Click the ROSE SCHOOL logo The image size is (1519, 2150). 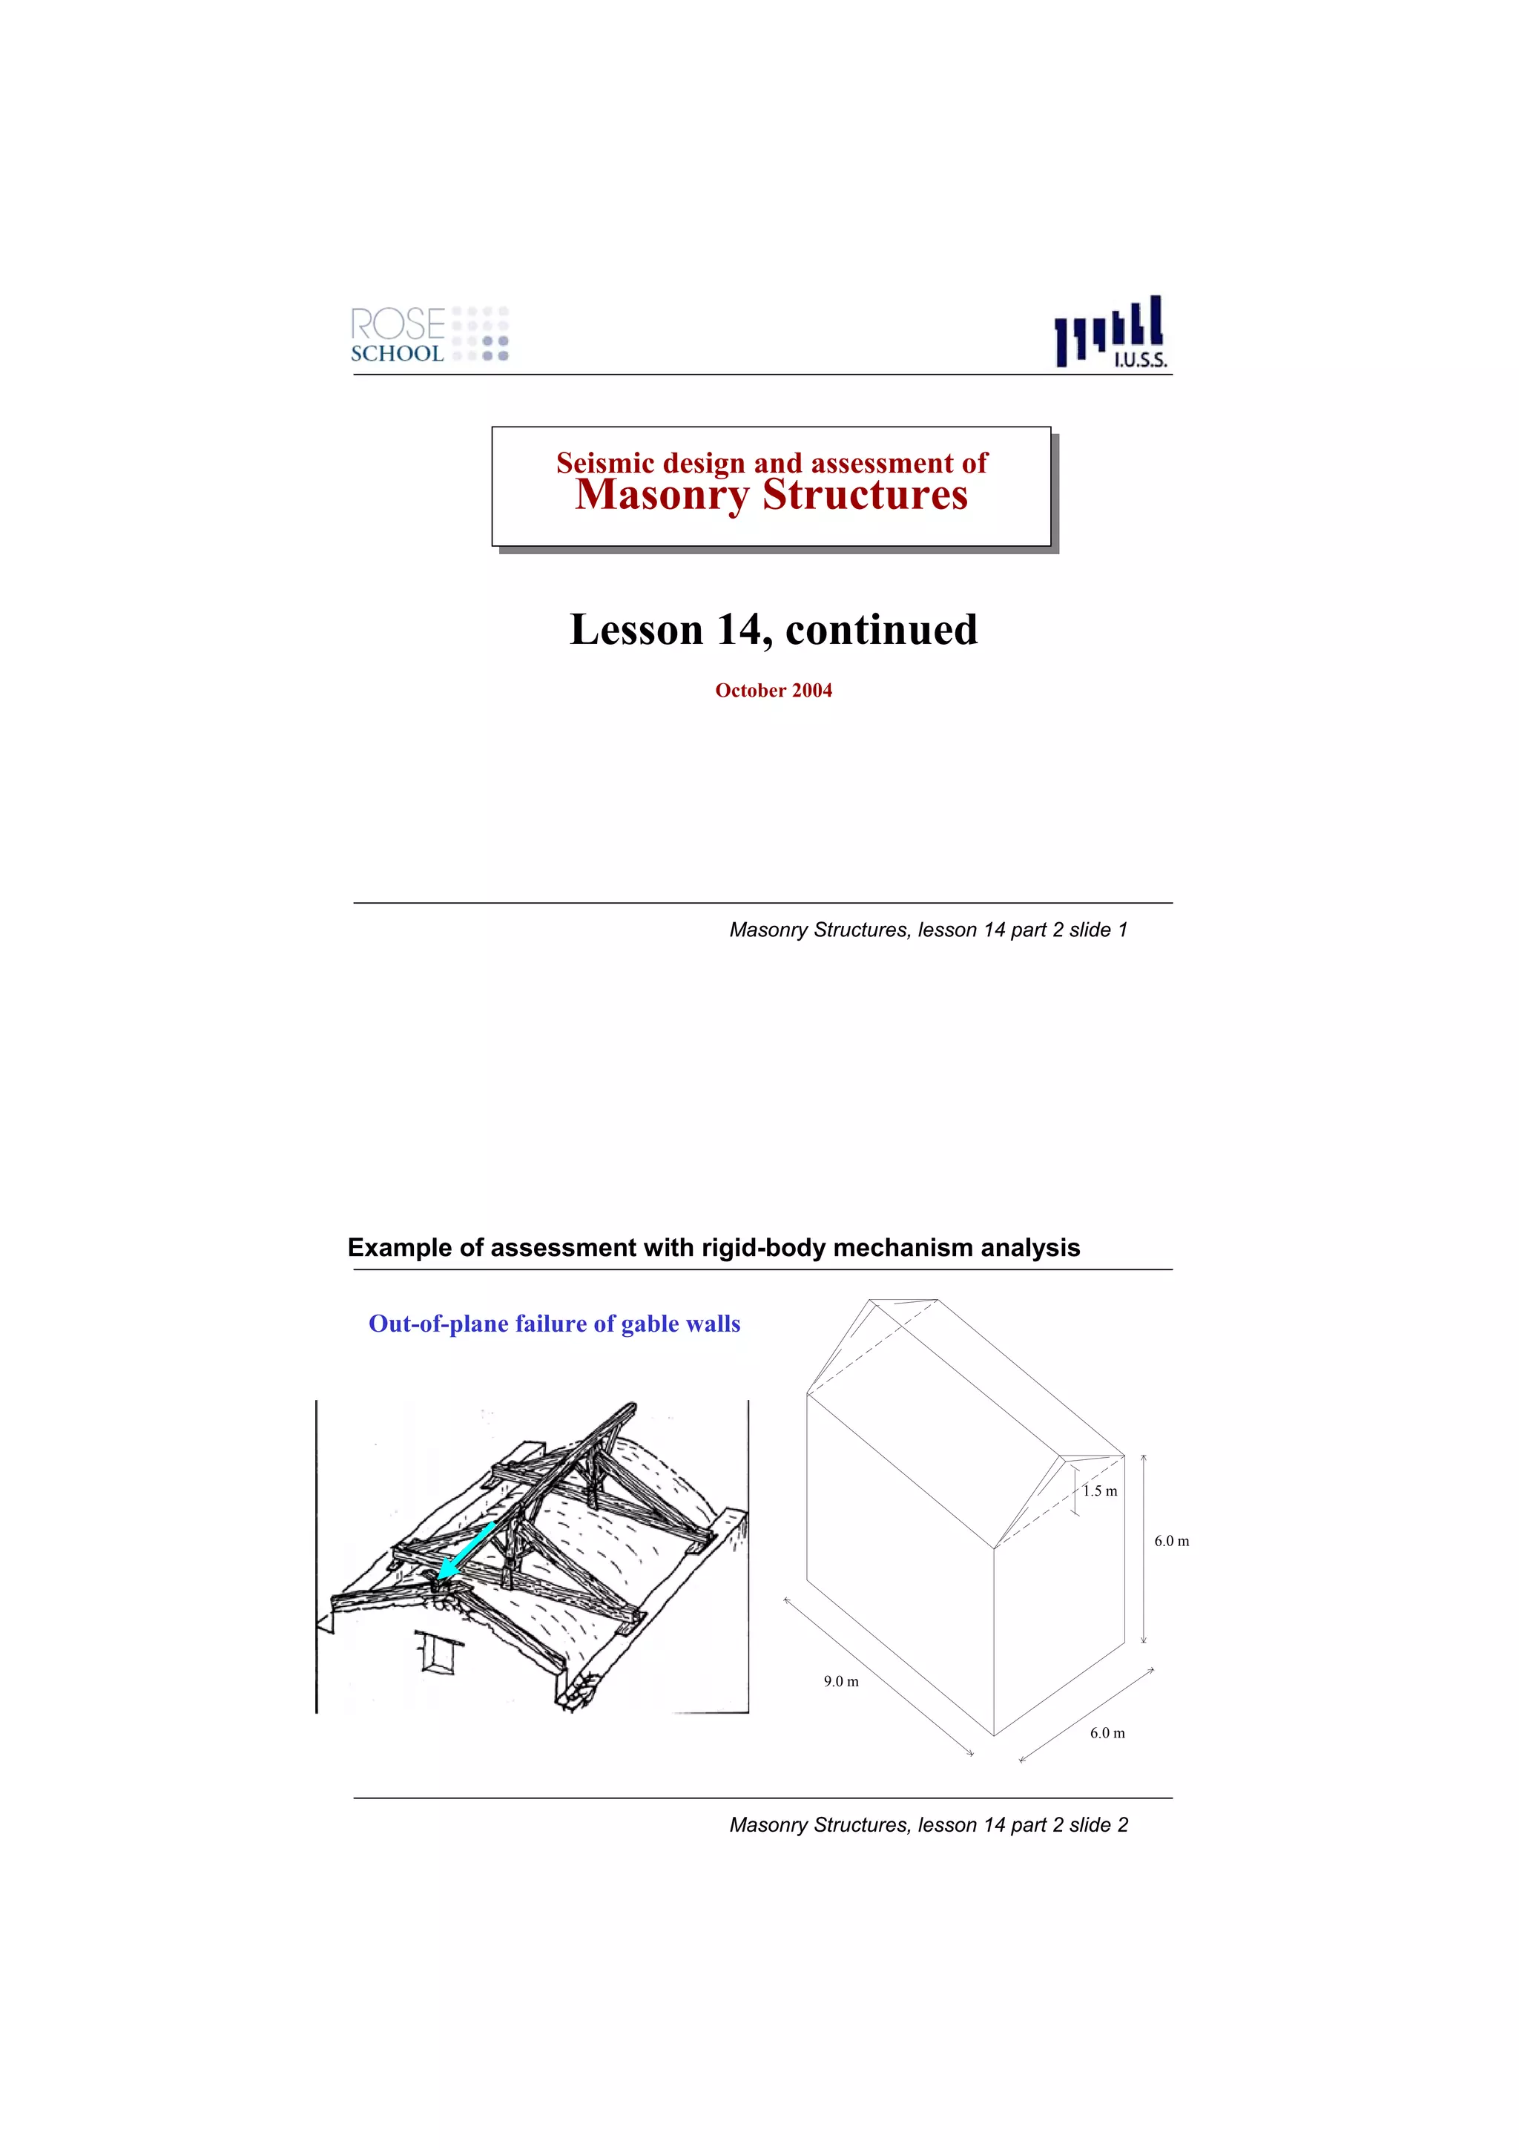point(429,335)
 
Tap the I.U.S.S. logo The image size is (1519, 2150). point(1111,332)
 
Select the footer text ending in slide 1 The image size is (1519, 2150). point(928,930)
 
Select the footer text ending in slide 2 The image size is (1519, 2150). point(928,1825)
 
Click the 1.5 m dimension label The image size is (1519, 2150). point(1100,1490)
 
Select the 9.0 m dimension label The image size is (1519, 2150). point(840,1681)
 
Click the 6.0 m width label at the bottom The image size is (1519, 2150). point(1107,1733)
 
